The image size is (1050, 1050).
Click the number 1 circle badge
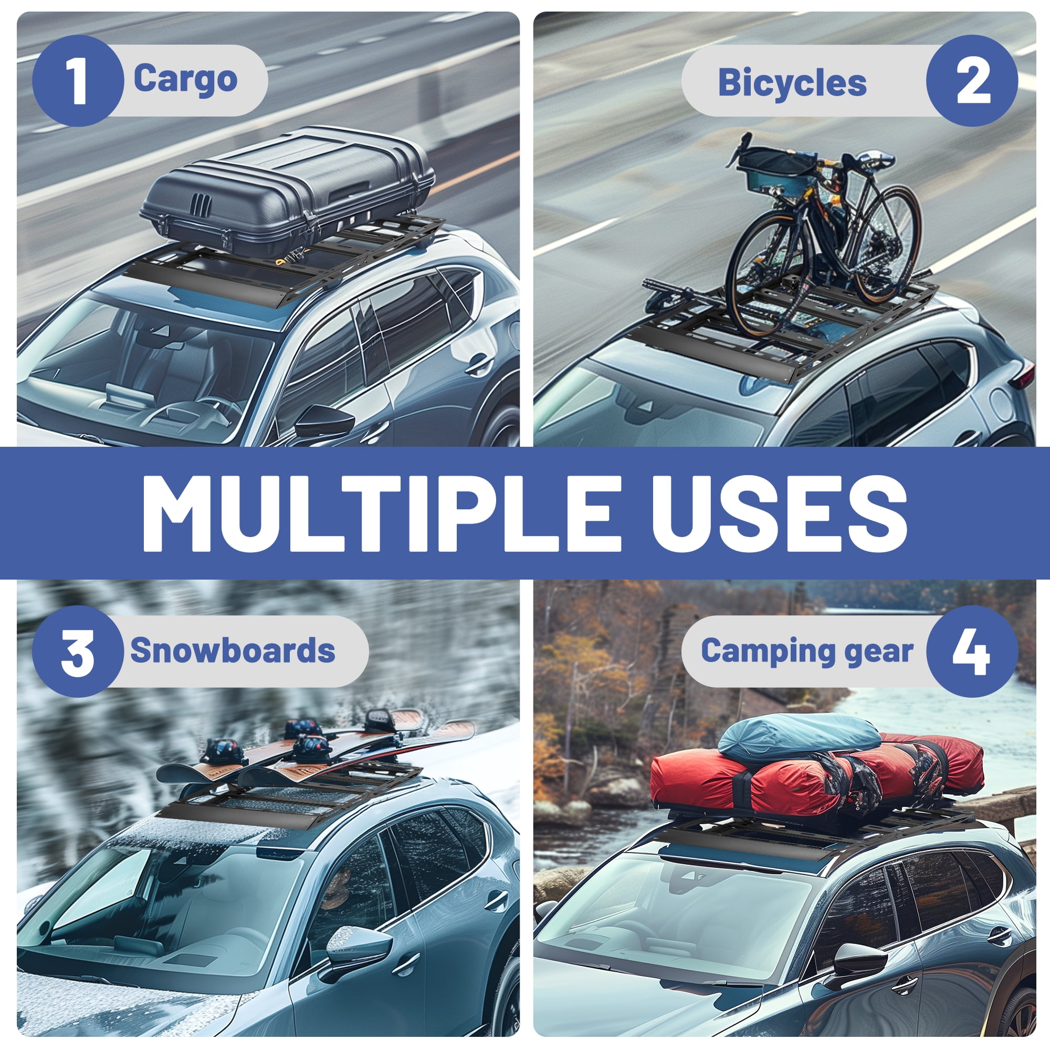pos(78,80)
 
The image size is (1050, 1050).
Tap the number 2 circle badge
pos(972,80)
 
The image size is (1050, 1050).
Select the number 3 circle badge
pos(78,651)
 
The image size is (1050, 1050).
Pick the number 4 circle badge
pos(972,651)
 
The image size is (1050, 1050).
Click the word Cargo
pos(185,80)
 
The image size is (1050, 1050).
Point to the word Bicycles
pos(792,82)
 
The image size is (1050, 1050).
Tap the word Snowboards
pos(233,650)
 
